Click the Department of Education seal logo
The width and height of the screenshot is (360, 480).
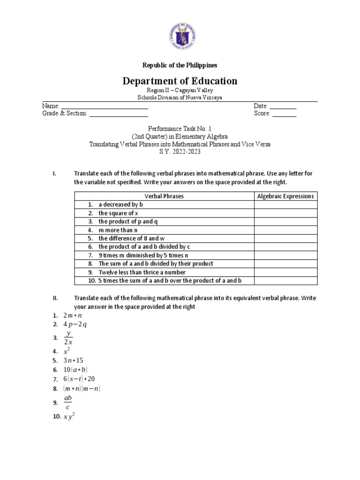[180, 36]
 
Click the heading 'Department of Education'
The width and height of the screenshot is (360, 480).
[180, 81]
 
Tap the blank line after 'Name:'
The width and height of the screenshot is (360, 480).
[105, 107]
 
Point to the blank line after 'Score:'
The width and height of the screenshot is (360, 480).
[284, 114]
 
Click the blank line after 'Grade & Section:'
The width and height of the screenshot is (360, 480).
[119, 114]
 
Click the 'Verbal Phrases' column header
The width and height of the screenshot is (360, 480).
[164, 196]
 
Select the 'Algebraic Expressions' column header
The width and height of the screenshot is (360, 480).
[286, 196]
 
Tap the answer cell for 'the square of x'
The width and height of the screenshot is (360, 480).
[286, 213]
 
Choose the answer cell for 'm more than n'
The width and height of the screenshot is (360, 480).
[286, 230]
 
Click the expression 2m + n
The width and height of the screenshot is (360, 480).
[72, 315]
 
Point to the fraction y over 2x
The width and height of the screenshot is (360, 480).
[69, 337]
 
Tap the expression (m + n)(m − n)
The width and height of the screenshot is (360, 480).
[82, 388]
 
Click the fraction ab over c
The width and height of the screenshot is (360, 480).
[68, 402]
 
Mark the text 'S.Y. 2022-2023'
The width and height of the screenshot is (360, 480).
[180, 151]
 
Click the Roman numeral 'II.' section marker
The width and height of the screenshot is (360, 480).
[55, 298]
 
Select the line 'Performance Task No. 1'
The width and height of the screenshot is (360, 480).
[180, 127]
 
